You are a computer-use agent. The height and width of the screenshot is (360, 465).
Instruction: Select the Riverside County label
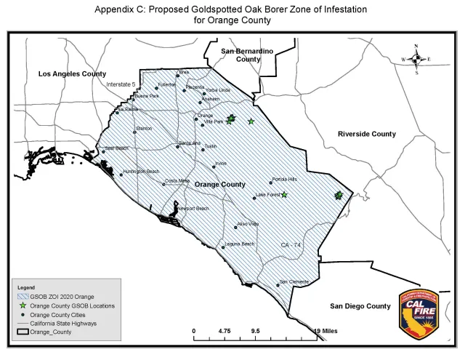point(367,134)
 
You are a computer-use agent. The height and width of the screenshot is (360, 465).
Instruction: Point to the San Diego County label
point(356,306)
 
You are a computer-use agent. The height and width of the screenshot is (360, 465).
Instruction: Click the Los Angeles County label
point(72,74)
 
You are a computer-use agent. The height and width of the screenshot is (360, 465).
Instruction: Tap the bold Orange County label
point(219,185)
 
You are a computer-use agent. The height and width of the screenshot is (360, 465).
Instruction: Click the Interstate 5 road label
point(121,84)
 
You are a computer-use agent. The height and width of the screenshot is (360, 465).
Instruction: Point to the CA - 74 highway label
point(291,246)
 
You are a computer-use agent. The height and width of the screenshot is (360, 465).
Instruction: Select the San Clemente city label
point(294,282)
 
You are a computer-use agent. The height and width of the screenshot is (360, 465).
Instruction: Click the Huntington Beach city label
point(141,172)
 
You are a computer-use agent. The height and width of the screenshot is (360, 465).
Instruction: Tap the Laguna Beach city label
point(239,244)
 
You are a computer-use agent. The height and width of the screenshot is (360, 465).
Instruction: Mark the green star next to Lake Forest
point(284,194)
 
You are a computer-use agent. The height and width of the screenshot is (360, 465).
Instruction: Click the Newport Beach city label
point(193,208)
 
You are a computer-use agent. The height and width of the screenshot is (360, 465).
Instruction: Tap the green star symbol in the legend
point(20,306)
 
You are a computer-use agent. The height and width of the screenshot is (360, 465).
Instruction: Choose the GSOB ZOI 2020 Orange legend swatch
point(20,297)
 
